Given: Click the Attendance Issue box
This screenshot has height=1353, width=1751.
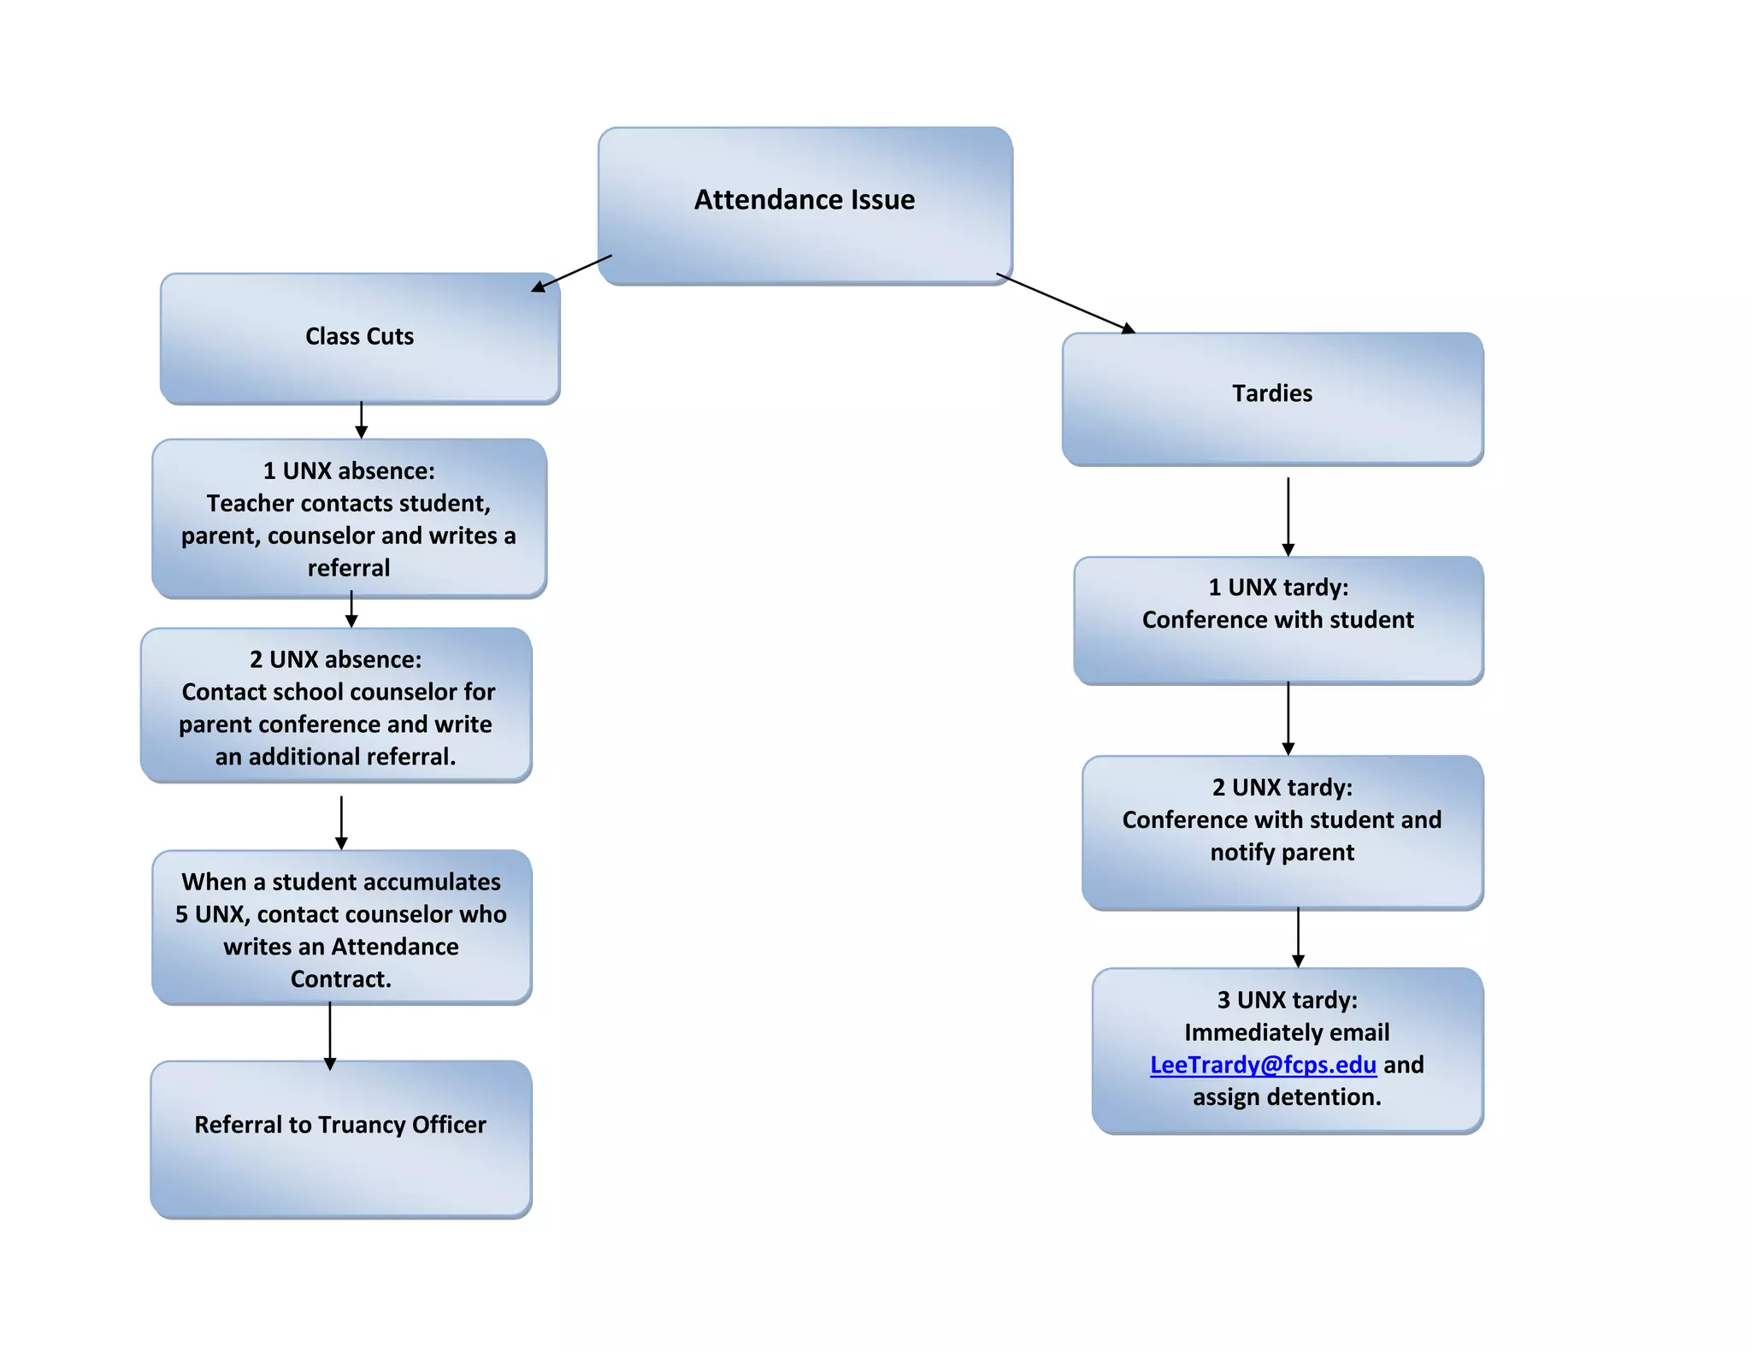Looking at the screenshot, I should coord(805,205).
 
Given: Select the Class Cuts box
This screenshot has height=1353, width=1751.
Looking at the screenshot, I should coord(359,337).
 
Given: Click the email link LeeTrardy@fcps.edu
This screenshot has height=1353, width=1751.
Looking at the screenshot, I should coord(1262,1065).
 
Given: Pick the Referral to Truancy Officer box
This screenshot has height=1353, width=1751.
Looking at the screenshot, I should coord(340,1137).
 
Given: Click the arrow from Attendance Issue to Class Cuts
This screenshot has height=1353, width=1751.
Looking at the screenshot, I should coord(571,274).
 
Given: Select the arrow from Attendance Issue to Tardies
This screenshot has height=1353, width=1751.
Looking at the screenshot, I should coord(1065,304).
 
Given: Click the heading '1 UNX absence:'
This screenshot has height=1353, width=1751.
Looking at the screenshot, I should coord(349,471).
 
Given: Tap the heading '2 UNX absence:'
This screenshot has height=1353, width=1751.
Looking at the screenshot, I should coord(335,659).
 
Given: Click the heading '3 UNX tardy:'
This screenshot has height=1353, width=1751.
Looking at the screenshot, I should coord(1287,1000).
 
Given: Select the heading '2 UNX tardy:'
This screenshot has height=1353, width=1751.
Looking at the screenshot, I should coord(1282,788).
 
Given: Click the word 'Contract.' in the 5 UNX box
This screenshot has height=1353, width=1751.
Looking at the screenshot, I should coord(340,979).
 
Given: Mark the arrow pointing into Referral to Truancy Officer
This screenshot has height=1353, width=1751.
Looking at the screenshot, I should coord(330,1036).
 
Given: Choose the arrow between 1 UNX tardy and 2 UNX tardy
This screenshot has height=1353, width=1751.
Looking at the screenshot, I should coord(1288,718).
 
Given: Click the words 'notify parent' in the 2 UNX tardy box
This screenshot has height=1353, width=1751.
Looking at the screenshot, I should coord(1282,853).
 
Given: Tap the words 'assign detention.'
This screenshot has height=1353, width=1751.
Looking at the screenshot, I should coord(1287,1097).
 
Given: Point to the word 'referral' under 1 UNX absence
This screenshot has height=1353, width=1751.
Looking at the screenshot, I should coord(349,568).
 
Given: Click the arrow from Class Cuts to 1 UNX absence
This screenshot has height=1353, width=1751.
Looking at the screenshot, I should coord(361,420).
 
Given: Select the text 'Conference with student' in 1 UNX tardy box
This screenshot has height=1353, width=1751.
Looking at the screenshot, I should coord(1277,620).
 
